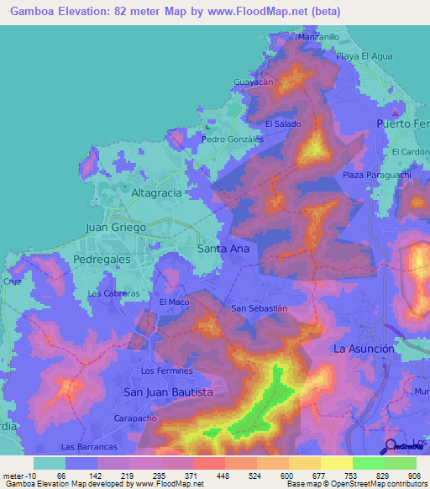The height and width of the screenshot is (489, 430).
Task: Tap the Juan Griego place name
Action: (117, 228)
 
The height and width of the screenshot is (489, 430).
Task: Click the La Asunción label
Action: (364, 348)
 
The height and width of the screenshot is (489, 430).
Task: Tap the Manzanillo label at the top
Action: (318, 38)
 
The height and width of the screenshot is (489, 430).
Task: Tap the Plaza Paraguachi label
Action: (375, 175)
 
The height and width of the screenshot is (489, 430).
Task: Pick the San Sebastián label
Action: (260, 308)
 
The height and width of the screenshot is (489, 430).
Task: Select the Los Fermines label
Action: (167, 371)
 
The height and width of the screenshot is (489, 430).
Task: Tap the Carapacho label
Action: (136, 417)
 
